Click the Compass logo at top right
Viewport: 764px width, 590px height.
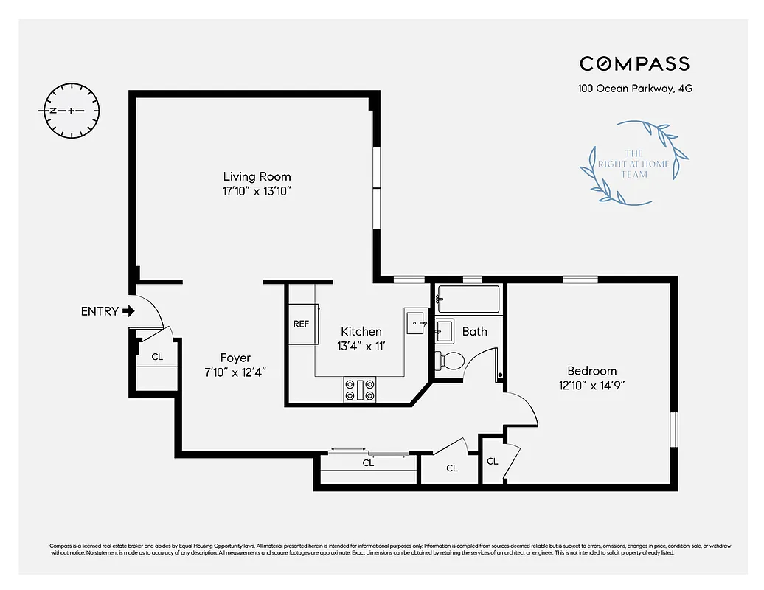click(x=634, y=64)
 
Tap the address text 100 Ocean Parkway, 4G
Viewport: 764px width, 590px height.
click(x=634, y=88)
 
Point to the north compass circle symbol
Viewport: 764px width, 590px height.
click(x=72, y=111)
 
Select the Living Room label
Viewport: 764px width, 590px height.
click(x=257, y=176)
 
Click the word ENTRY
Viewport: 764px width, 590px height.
click(x=99, y=311)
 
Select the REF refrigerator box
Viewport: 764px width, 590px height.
click(x=301, y=324)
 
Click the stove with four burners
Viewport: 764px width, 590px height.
click(x=359, y=389)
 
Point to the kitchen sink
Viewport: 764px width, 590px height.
click(x=415, y=323)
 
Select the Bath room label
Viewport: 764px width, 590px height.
click(x=474, y=331)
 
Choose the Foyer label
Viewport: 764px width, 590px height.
click(x=235, y=358)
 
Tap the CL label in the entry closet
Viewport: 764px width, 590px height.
click(x=156, y=356)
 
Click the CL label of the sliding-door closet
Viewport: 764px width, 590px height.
click(x=368, y=463)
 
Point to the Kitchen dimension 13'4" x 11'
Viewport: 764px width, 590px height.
click(x=361, y=346)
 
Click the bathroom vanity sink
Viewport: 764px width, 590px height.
click(x=444, y=330)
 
